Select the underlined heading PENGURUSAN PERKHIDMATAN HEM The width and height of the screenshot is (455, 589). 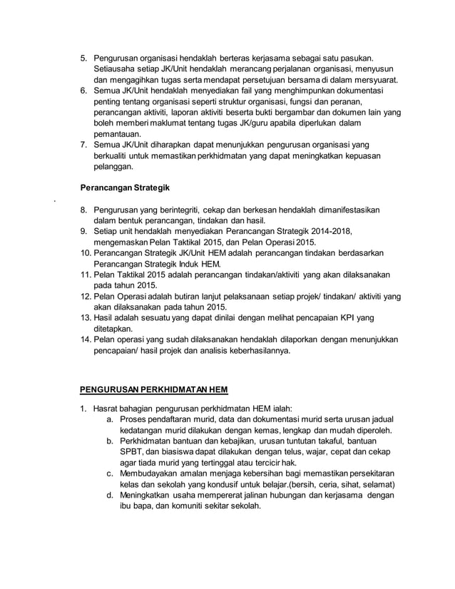click(153, 389)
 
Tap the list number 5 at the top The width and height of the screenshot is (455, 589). click(83, 57)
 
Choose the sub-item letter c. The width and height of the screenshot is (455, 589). click(111, 473)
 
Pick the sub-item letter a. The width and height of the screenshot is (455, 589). click(111, 420)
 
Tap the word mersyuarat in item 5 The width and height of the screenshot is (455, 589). click(374, 79)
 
